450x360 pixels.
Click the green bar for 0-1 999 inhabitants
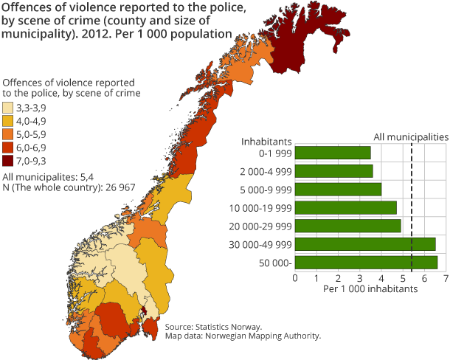[333, 153]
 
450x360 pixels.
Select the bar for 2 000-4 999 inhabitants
[333, 171]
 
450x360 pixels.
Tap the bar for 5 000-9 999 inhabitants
[338, 189]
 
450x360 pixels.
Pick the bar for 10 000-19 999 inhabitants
[345, 207]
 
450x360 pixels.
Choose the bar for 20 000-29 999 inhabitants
[347, 226]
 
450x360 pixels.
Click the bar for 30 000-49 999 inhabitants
[364, 244]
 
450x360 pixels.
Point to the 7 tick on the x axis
[446, 279]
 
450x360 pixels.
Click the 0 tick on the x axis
[295, 279]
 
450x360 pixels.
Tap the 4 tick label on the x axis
[381, 279]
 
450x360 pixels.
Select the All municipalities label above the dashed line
[411, 136]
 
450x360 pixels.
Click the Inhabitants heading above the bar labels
[267, 140]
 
